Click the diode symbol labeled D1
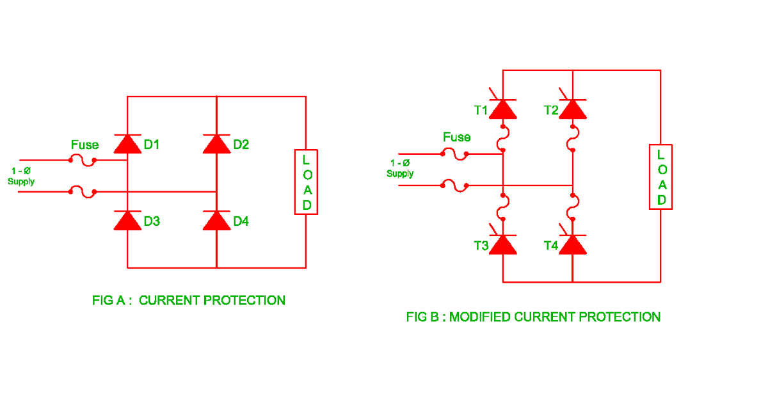(127, 145)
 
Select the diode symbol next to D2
(216, 145)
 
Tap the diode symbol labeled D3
(127, 221)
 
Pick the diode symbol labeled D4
(216, 221)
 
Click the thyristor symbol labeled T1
(503, 109)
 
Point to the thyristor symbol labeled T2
(572, 109)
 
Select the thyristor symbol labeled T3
(503, 244)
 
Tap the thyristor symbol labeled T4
(572, 244)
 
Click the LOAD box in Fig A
(307, 182)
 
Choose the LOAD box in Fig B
(660, 177)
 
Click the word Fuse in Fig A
(84, 145)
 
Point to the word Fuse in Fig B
(456, 138)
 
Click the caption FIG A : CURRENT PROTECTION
(189, 300)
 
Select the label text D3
(152, 221)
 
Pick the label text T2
(551, 110)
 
